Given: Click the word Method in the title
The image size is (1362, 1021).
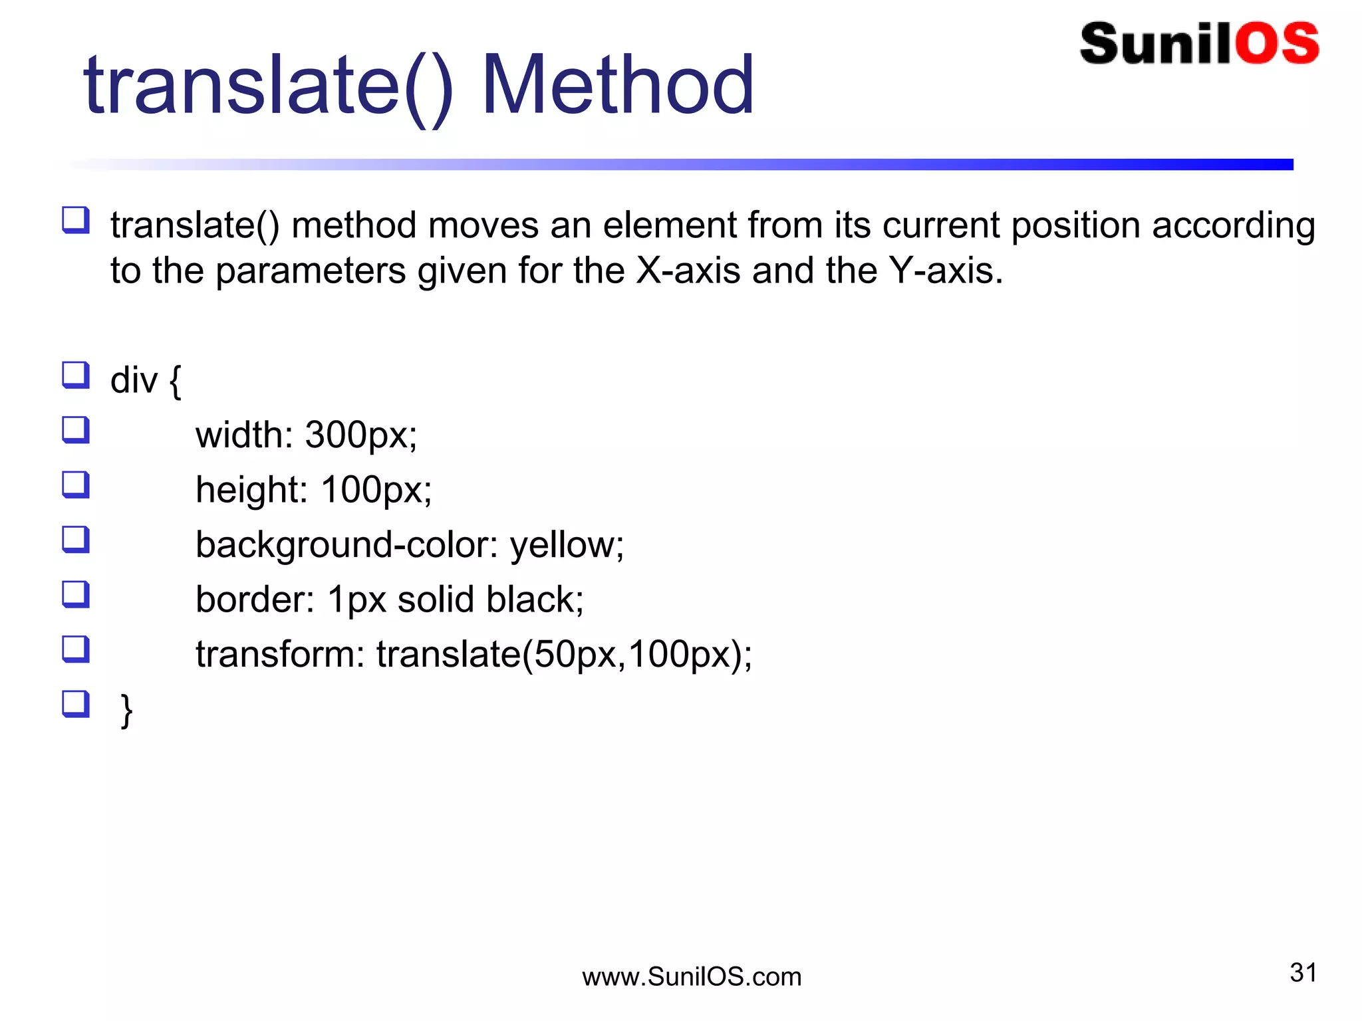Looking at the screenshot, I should click(x=618, y=85).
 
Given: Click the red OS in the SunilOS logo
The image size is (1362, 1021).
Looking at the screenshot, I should click(x=1278, y=44).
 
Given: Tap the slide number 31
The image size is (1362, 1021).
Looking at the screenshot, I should click(x=1303, y=972).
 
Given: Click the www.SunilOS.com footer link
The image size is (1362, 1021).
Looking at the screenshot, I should click(x=692, y=976).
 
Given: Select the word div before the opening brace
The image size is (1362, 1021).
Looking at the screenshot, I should click(x=134, y=380).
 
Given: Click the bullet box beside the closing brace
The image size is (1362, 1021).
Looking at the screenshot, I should click(x=76, y=704).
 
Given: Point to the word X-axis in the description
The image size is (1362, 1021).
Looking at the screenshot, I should click(x=688, y=271).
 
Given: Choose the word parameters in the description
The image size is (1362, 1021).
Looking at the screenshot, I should click(x=311, y=272).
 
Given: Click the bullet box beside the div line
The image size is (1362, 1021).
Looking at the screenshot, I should click(x=76, y=375).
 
